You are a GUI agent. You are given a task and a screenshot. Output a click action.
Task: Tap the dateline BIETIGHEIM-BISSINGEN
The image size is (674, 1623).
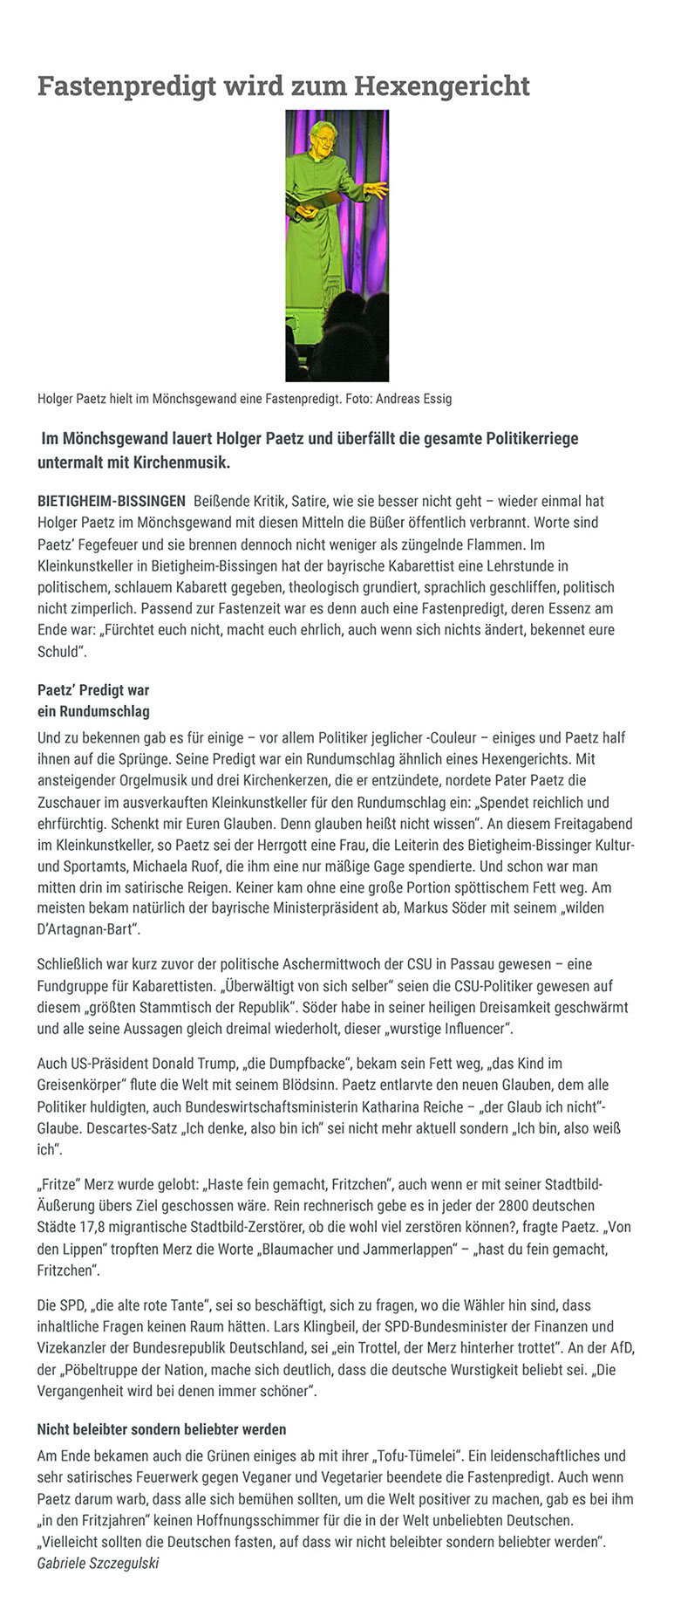[x=112, y=501]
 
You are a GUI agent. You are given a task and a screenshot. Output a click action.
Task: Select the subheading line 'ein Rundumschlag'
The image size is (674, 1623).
[x=93, y=711]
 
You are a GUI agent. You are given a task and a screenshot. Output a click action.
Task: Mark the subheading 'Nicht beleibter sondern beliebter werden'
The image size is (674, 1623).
[x=161, y=1429]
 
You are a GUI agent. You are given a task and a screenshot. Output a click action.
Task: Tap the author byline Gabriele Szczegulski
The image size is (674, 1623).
[x=98, y=1563]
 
